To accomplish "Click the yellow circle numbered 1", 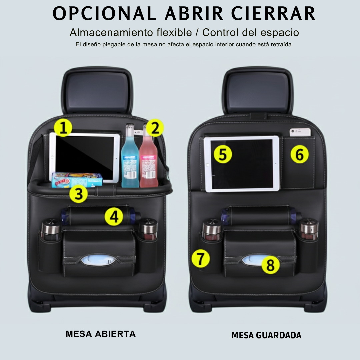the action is [x=63, y=128].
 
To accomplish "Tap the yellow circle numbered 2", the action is [x=155, y=128].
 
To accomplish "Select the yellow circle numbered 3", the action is [x=79, y=194].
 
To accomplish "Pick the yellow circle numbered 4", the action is [x=114, y=217].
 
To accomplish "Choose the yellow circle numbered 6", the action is [x=300, y=154].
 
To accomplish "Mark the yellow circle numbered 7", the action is [x=201, y=259].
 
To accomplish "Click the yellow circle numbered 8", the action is [x=270, y=265].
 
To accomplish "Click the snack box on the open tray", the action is [x=77, y=180].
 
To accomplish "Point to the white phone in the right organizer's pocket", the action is [x=300, y=132].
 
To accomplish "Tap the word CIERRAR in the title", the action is [x=273, y=14].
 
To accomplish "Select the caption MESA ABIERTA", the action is [x=101, y=334].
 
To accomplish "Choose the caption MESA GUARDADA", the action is [x=266, y=335].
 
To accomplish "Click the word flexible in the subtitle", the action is [x=174, y=32].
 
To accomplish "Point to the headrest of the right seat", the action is [x=258, y=90].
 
